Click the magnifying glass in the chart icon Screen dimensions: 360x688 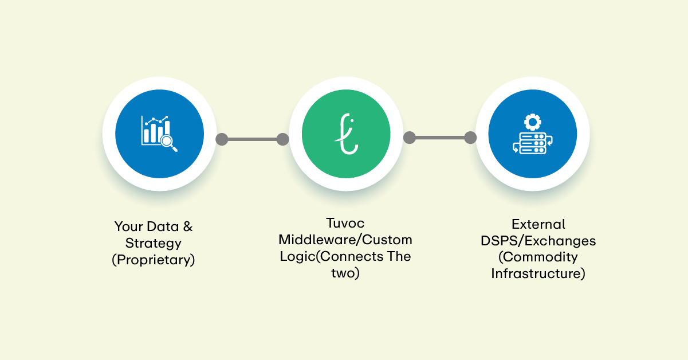tap(168, 142)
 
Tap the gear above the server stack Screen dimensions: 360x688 tap(532, 122)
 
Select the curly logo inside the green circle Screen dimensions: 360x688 tap(345, 134)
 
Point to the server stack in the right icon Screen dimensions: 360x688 tap(532, 142)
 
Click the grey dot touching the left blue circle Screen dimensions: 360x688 tap(222, 139)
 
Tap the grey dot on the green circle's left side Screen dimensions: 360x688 tap(282, 139)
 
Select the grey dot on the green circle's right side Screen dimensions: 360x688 tap(409, 138)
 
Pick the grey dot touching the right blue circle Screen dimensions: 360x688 tap(470, 138)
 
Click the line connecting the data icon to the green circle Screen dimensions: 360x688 tap(252, 139)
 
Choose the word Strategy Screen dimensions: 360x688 tap(154, 243)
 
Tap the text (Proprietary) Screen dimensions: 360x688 tap(154, 260)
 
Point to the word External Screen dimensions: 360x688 tap(538, 224)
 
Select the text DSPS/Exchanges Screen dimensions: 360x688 tap(538, 240)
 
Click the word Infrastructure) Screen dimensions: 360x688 tap(538, 273)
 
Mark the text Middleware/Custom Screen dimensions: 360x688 tap(345, 239)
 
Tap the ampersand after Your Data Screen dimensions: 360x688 tap(187, 226)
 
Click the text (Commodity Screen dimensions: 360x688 tap(538, 257)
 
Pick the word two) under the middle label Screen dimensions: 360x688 tap(345, 273)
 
